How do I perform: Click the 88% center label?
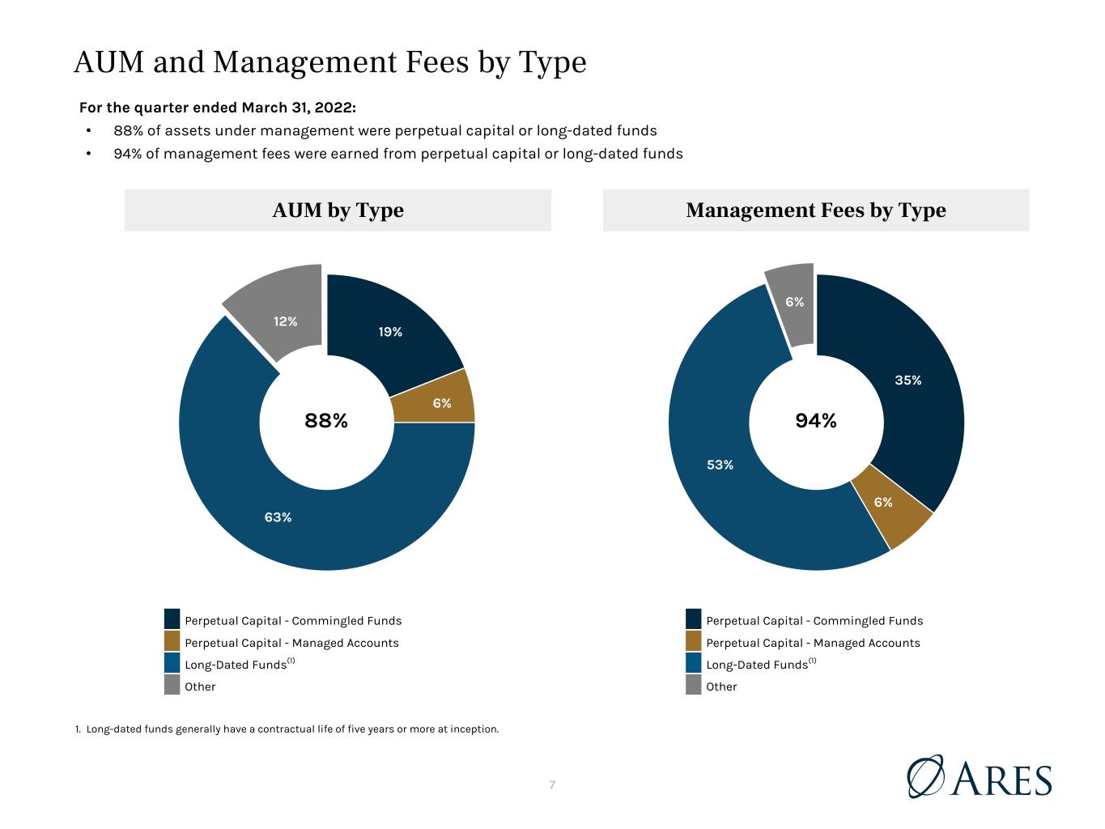[x=326, y=420]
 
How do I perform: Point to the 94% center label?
[x=816, y=420]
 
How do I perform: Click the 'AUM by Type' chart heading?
[x=338, y=210]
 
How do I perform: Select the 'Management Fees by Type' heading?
[x=816, y=210]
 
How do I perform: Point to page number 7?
[x=552, y=784]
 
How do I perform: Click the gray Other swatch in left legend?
[x=172, y=685]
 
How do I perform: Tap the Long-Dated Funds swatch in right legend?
[x=693, y=663]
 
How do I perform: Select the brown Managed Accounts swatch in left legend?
[x=172, y=640]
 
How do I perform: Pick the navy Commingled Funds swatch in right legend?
[x=693, y=619]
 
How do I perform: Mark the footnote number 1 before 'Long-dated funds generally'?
[x=78, y=729]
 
